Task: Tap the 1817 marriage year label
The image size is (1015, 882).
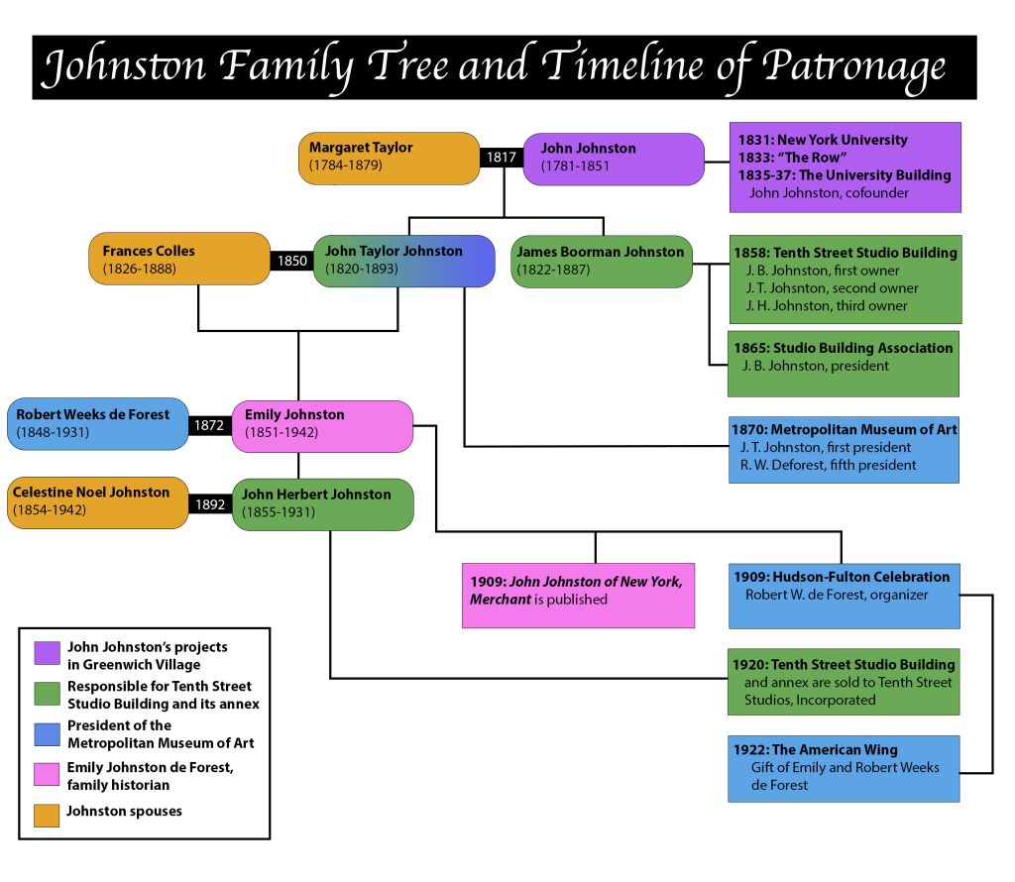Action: coord(502,157)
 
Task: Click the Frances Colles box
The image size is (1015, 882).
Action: coord(179,260)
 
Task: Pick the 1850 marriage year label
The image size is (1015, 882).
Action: coord(291,261)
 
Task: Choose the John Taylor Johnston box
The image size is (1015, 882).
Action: coord(403,261)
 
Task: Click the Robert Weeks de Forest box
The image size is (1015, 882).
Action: coord(97,425)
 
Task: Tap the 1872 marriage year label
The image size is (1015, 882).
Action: coord(210,426)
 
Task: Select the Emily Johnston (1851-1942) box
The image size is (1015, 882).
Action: coord(322,425)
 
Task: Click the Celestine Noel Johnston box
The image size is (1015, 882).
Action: coord(97,502)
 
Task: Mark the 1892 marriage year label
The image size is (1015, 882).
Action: coord(210,503)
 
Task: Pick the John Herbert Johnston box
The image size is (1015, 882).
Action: coord(322,503)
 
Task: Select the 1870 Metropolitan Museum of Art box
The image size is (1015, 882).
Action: coord(844,449)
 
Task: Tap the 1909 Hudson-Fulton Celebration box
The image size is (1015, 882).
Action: coord(844,595)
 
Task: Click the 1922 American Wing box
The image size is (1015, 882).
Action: coord(844,768)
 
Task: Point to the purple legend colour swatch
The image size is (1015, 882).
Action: coord(47,654)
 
